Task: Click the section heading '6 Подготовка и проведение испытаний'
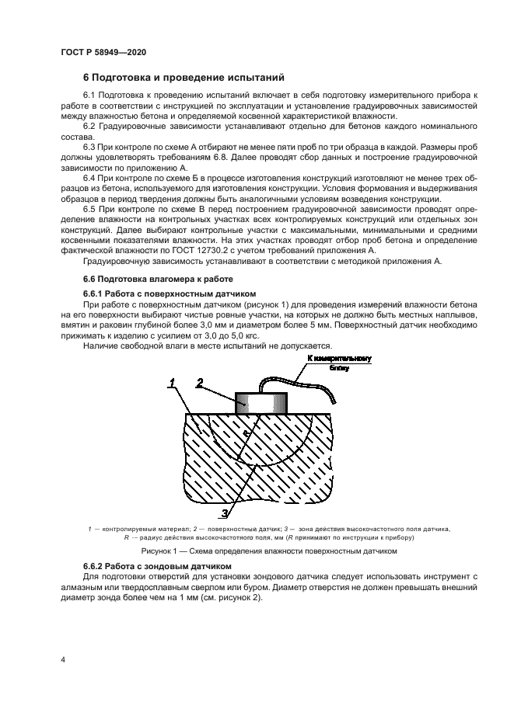[184, 78]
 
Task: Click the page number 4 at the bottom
[62, 660]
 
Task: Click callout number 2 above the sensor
[200, 383]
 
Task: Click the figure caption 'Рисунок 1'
[257, 551]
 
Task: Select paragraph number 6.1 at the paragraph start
[89, 95]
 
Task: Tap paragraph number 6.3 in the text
[89, 147]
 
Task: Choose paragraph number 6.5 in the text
[89, 209]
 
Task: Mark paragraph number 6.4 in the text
[89, 178]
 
